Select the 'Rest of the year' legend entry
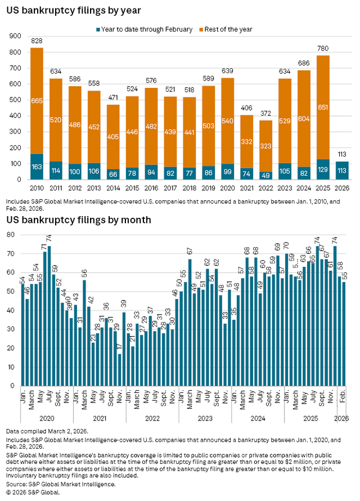[229, 29]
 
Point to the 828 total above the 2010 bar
[37, 42]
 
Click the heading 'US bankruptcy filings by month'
[78, 220]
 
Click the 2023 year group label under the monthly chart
[205, 419]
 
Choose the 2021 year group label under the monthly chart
[100, 419]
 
